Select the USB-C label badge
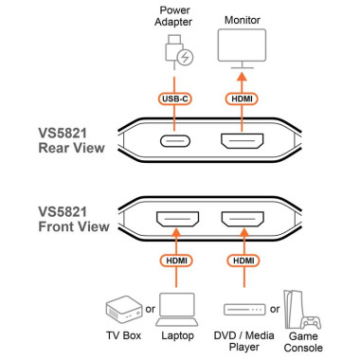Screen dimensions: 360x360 coord(174,99)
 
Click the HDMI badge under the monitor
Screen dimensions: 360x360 coord(243,99)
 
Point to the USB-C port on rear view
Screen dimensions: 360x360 coord(175,143)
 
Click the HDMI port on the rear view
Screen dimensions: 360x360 coord(243,143)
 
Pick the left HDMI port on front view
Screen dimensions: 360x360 coord(175,220)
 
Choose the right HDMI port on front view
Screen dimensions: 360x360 coord(243,220)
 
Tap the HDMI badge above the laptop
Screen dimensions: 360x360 coord(175,261)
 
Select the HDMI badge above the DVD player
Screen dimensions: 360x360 coord(243,261)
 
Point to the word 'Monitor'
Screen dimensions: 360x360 coord(243,20)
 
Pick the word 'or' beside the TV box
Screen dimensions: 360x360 coord(152,308)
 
